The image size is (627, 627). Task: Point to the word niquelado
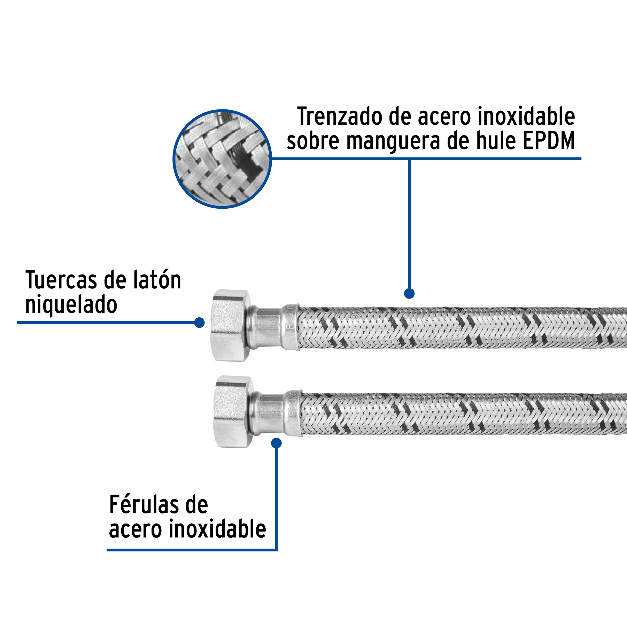click(x=71, y=305)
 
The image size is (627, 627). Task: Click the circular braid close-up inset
click(x=222, y=159)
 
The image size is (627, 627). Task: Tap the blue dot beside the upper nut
click(x=199, y=323)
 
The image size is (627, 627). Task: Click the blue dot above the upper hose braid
click(x=409, y=293)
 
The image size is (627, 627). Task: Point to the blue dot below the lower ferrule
click(x=276, y=443)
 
